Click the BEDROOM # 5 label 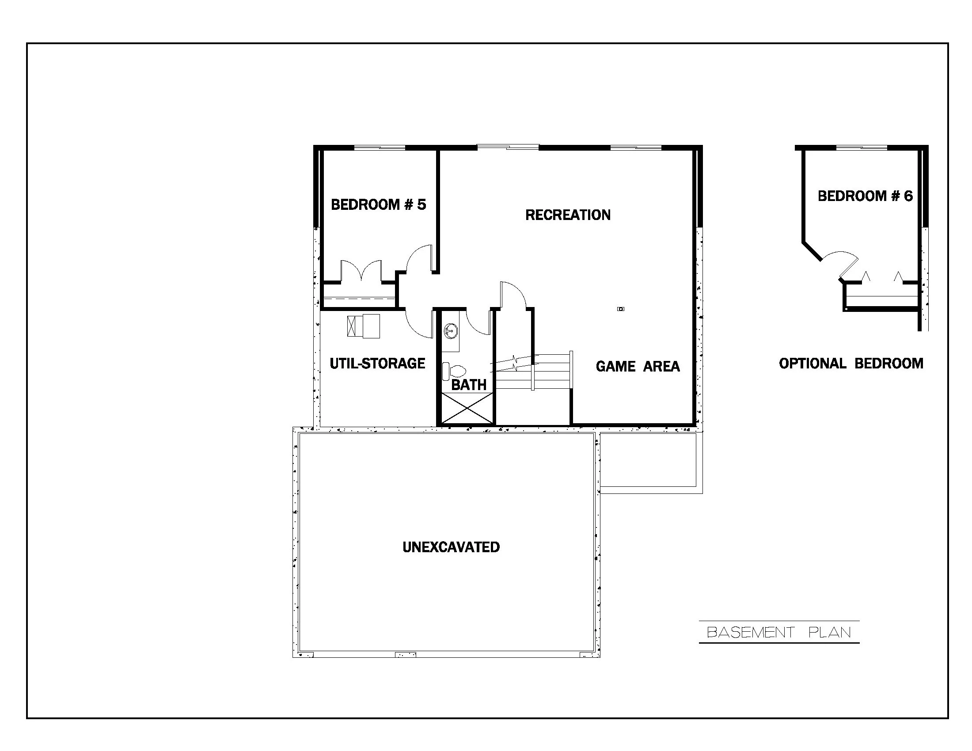[x=378, y=205]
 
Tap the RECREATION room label [x=567, y=215]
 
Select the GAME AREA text [x=637, y=366]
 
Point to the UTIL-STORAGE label [x=377, y=364]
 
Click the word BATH [x=469, y=385]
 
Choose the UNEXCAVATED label [x=451, y=547]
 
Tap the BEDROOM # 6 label [x=865, y=196]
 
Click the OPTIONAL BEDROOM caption [x=850, y=364]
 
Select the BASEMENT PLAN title [x=778, y=632]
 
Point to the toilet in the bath [x=454, y=371]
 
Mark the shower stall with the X [x=467, y=408]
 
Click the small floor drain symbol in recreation [x=620, y=309]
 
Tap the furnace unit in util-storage [x=364, y=326]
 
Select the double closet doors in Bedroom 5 [x=361, y=271]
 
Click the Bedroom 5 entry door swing [x=420, y=258]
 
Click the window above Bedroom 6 [x=861, y=148]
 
